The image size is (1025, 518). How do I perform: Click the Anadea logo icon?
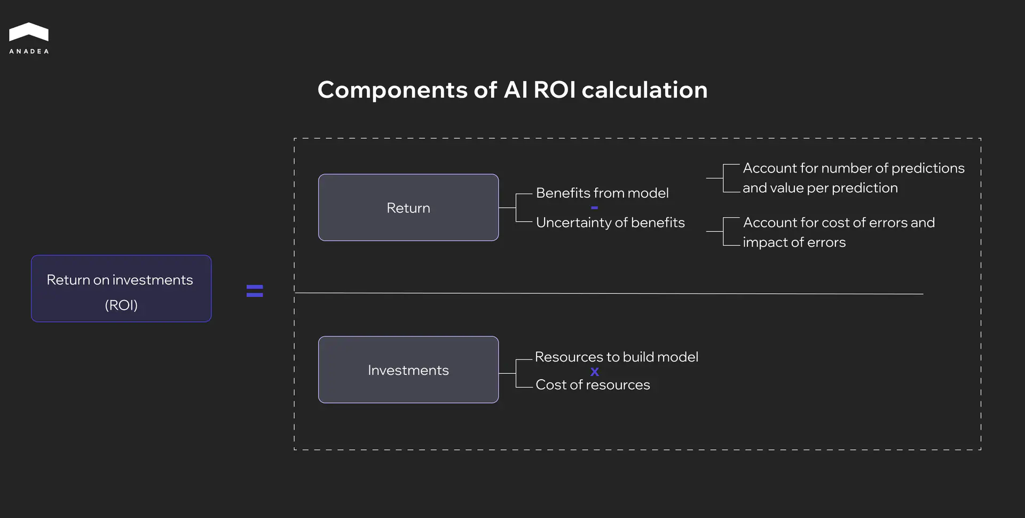pyautogui.click(x=29, y=32)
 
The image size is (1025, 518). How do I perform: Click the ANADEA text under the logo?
pyautogui.click(x=29, y=51)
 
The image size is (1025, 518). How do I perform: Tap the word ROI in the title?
pyautogui.click(x=554, y=90)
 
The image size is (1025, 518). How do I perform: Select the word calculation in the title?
pyautogui.click(x=644, y=90)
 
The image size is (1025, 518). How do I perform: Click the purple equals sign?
pyautogui.click(x=255, y=291)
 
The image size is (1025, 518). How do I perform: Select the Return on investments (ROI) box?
pyautogui.click(x=121, y=288)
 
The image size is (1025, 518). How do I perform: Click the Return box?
pyautogui.click(x=408, y=208)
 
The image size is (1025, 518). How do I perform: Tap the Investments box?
pyautogui.click(x=408, y=370)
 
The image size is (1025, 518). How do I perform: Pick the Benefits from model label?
pyautogui.click(x=602, y=193)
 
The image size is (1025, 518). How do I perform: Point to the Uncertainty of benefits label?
pyautogui.click(x=610, y=222)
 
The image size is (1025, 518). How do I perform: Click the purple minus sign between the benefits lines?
pyautogui.click(x=594, y=208)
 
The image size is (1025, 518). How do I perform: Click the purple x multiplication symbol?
pyautogui.click(x=595, y=372)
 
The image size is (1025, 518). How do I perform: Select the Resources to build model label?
pyautogui.click(x=616, y=357)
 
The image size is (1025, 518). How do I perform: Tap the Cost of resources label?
pyautogui.click(x=593, y=384)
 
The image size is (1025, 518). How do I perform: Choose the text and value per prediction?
pyautogui.click(x=820, y=188)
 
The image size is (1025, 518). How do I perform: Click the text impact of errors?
pyautogui.click(x=794, y=242)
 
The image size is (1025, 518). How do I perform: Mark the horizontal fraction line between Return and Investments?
pyautogui.click(x=609, y=293)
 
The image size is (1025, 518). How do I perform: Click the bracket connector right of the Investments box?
pyautogui.click(x=516, y=373)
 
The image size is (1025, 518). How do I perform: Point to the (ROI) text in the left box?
pyautogui.click(x=121, y=305)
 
